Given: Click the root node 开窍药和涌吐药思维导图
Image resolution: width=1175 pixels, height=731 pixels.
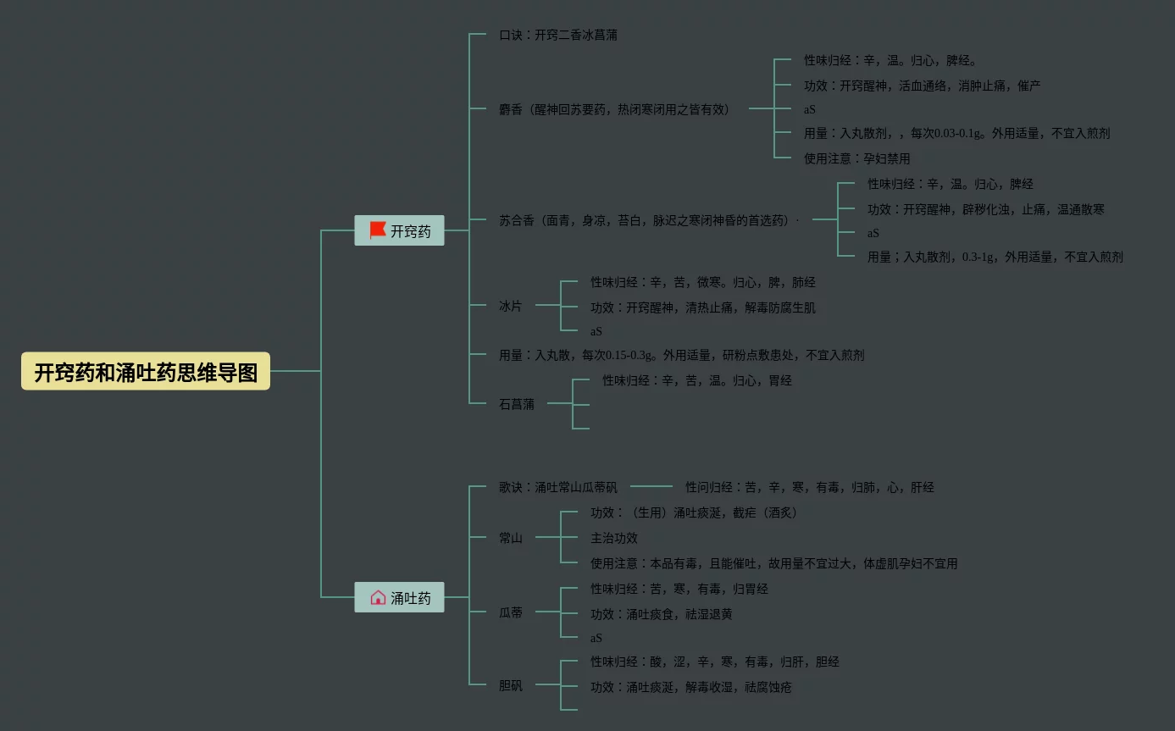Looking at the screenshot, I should pos(146,372).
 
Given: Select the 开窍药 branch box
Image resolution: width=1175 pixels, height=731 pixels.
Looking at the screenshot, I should pos(399,230).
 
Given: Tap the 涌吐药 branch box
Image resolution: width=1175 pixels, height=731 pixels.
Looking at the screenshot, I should pos(399,598).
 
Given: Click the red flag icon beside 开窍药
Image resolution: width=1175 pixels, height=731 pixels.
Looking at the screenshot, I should pos(378,230).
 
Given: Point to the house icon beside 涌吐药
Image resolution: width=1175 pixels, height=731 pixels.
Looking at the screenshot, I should pos(378,598).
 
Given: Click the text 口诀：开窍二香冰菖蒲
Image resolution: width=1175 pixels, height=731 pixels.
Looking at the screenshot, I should pos(557,36).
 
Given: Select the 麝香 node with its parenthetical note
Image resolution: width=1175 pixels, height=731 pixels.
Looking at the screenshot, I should pos(614,109).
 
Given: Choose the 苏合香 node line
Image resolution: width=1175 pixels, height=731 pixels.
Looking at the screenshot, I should pos(648,220).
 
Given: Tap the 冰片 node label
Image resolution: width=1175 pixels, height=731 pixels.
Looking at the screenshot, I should pos(511,306).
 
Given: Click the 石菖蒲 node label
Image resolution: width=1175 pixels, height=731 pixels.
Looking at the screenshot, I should pos(517,404).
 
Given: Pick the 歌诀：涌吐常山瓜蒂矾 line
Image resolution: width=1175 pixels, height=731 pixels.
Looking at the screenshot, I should pos(557,487).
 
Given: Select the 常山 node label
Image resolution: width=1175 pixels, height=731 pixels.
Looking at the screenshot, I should pos(511,538).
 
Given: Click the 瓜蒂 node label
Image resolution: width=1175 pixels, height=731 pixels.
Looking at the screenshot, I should pos(511,612).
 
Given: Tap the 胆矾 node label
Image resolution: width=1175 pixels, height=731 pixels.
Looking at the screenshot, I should pos(511,685).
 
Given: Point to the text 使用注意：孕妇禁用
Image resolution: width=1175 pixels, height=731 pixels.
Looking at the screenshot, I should pos(856,158).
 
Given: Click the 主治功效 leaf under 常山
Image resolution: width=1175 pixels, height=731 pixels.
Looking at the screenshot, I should pos(614,538).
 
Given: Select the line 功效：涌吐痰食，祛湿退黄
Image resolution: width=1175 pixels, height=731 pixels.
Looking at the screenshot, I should pos(661,614).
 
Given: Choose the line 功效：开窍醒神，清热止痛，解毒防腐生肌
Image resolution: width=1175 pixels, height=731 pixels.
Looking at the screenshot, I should pos(703,307).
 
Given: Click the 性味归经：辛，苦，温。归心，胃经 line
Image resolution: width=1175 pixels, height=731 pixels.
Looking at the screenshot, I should pos(697,380).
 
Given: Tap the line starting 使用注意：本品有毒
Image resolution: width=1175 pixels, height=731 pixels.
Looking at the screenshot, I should pos(773,563).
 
